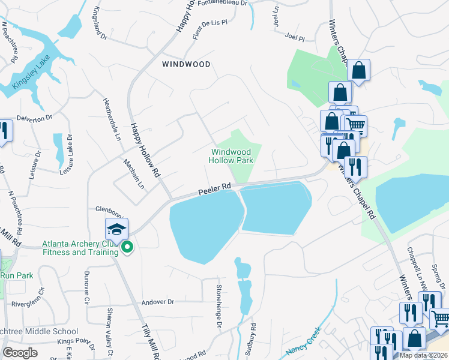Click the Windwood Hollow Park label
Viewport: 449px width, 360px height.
(x=231, y=157)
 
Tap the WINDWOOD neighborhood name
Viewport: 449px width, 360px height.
(x=186, y=64)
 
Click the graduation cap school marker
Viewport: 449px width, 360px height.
(x=116, y=229)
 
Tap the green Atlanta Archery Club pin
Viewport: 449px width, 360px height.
(x=127, y=247)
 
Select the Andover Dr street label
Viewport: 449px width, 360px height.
(x=157, y=302)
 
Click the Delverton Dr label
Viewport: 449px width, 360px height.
(x=34, y=119)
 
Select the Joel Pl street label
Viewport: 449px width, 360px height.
(x=295, y=37)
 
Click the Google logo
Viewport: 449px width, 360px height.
(x=20, y=353)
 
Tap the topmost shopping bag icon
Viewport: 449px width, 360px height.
(x=358, y=71)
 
